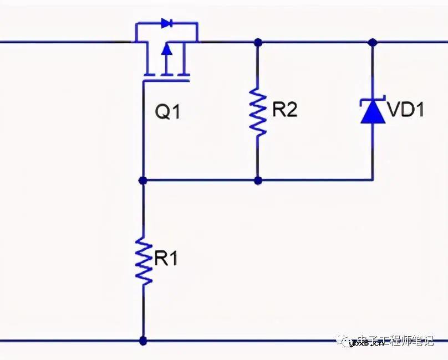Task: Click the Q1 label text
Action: (x=167, y=112)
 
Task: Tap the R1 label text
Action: (x=166, y=258)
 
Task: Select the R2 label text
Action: (x=285, y=109)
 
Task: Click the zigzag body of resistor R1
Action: (x=144, y=260)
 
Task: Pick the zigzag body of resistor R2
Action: (x=258, y=111)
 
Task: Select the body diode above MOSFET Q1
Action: (x=166, y=23)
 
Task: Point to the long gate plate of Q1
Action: (x=166, y=81)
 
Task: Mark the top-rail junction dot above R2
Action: (x=258, y=42)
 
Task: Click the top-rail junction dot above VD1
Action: (x=372, y=42)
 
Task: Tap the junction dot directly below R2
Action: (x=258, y=180)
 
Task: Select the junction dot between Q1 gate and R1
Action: (x=143, y=180)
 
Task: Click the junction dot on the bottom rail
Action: (x=144, y=341)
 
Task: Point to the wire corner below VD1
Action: (x=372, y=179)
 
